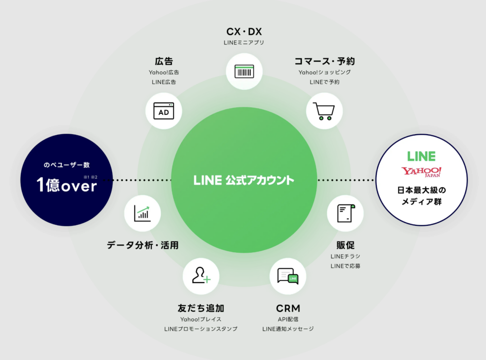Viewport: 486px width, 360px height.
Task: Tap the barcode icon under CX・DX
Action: pos(244,72)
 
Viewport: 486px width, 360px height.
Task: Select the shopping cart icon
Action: pos(325,111)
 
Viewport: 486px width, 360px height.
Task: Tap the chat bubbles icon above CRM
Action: pos(288,276)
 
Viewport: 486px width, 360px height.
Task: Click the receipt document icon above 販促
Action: pos(345,213)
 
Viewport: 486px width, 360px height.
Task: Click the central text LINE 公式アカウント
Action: pos(244,180)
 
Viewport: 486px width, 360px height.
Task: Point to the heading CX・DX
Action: pos(244,32)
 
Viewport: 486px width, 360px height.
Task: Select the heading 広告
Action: pos(164,61)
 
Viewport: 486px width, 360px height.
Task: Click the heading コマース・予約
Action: pos(325,61)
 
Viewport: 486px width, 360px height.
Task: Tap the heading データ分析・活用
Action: pos(143,245)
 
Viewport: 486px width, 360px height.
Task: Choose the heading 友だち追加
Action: pos(200,308)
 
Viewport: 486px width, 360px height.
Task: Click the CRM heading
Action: pos(288,308)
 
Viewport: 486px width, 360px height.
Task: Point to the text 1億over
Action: pos(67,185)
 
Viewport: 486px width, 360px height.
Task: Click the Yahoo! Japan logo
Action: pos(421,172)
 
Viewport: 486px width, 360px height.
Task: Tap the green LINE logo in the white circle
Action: pos(421,156)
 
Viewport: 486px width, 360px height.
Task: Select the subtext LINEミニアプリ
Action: pos(244,43)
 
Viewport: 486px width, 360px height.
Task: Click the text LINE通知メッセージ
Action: pos(288,329)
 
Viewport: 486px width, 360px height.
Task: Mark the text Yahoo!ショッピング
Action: pos(325,72)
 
